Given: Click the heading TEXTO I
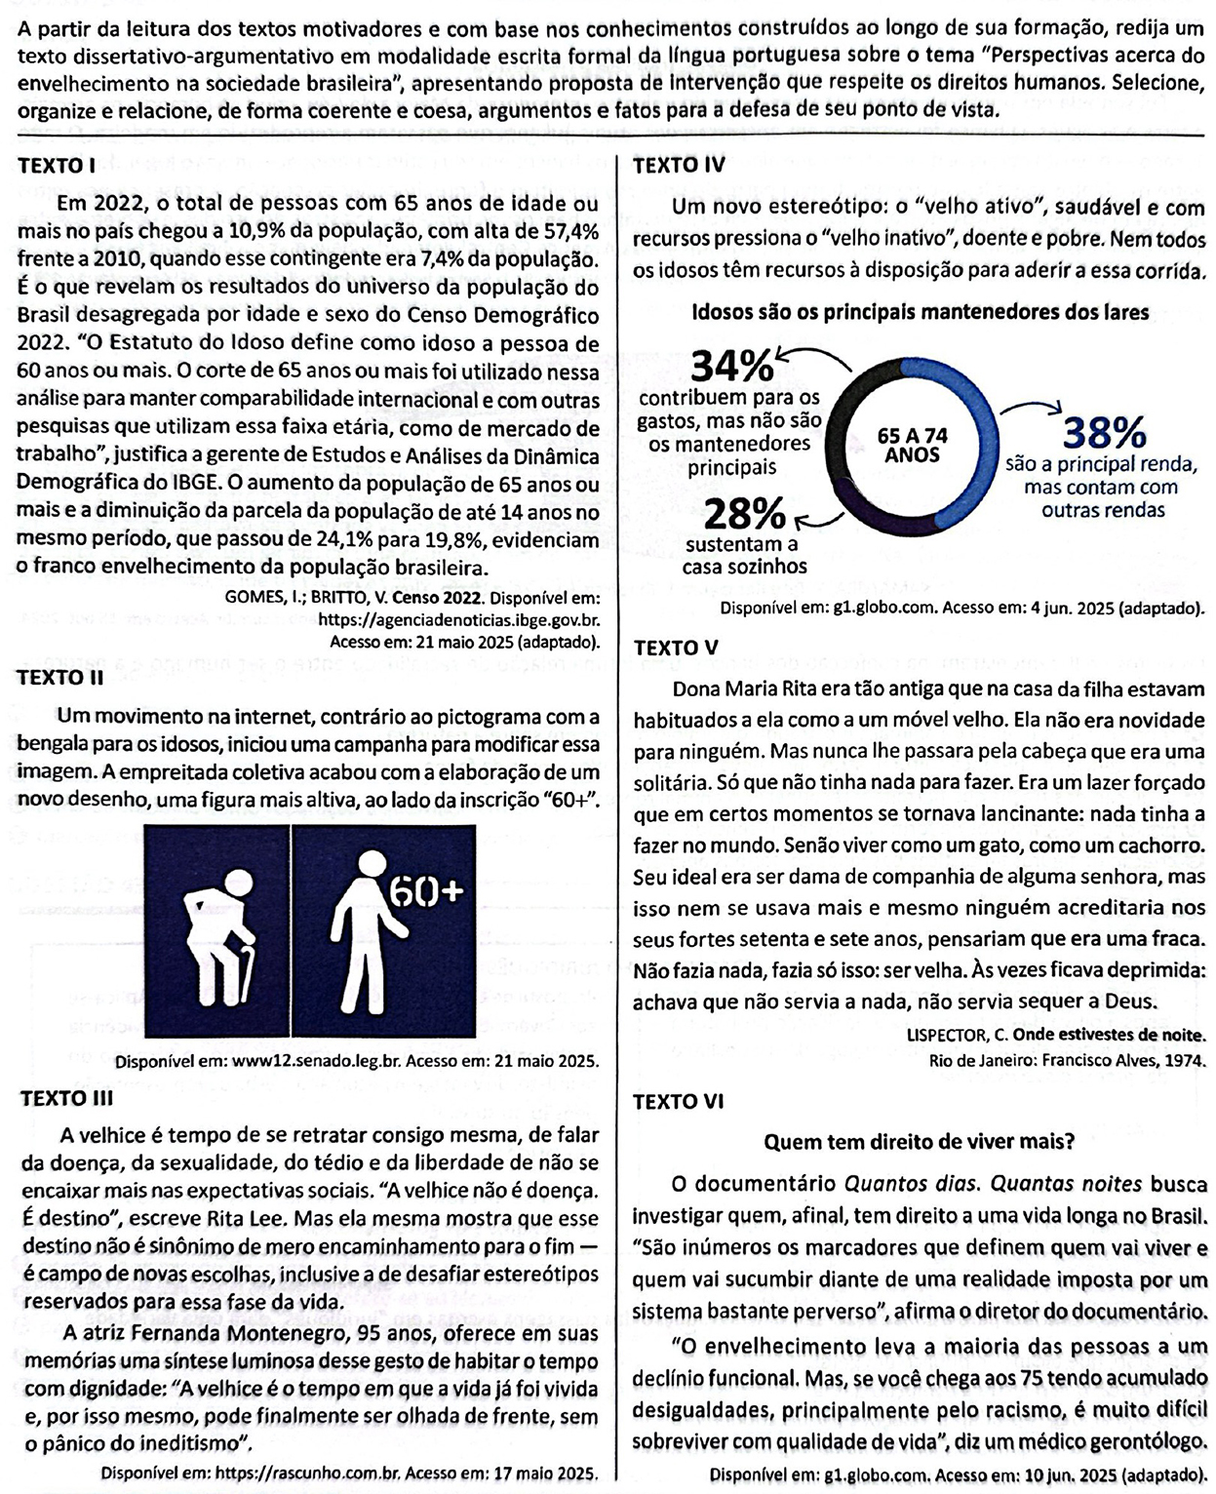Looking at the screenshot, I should point(56,167).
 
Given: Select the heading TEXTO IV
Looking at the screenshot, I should point(679,165).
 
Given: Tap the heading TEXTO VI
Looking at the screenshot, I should point(679,1102).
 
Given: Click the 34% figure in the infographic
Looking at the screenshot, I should point(731,368).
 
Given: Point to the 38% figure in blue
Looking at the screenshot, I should point(1104,431).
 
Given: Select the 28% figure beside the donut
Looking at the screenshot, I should point(744,514).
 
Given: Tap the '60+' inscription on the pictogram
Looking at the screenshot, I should point(425,890).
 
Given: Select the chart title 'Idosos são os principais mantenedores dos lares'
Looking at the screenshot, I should point(920,312).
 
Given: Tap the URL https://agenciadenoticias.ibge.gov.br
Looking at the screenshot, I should point(459,620).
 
